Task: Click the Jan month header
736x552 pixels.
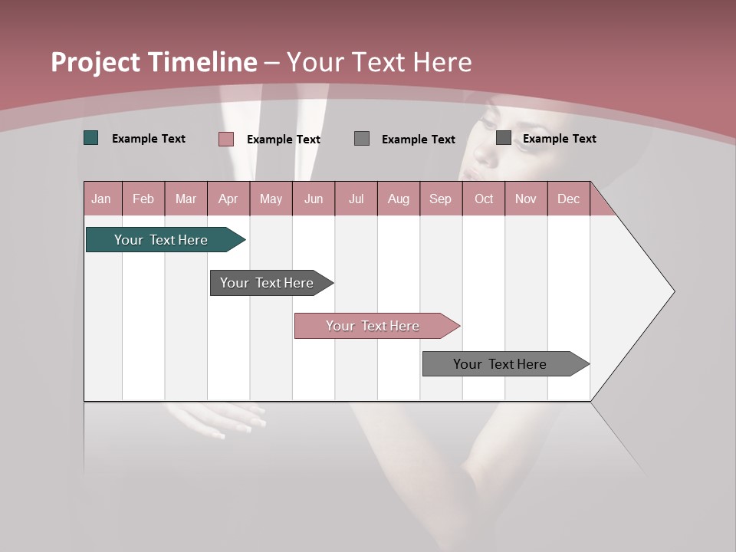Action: click(x=101, y=199)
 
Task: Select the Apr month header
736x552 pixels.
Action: click(x=228, y=199)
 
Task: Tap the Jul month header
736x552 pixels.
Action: click(x=356, y=199)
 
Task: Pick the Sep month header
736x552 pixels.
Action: click(x=440, y=199)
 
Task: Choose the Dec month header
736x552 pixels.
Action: click(x=568, y=199)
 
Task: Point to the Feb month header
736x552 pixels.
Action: click(x=143, y=199)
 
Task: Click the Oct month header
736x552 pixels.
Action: click(x=484, y=199)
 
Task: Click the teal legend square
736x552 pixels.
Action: click(x=91, y=138)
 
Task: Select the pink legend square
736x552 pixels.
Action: click(x=226, y=139)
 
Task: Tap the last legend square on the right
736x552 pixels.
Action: click(x=504, y=137)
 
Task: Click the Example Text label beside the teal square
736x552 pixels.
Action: click(x=149, y=139)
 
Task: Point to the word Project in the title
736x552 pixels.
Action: click(x=95, y=62)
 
